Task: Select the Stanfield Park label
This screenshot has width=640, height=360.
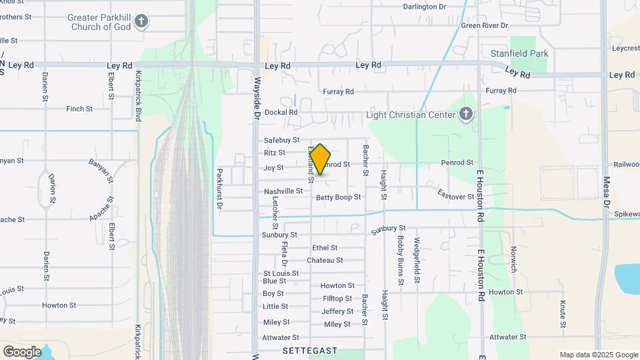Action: click(x=519, y=52)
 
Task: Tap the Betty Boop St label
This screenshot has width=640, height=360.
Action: click(x=338, y=197)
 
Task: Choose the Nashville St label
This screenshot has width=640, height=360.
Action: click(x=283, y=191)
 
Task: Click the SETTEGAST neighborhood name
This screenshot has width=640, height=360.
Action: click(x=310, y=350)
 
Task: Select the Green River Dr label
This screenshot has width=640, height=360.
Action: click(x=485, y=25)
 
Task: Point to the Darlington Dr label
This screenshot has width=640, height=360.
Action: click(x=425, y=7)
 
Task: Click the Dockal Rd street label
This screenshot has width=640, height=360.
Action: click(x=281, y=112)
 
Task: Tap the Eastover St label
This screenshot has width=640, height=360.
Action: click(x=455, y=194)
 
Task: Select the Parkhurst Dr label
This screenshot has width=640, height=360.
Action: click(x=219, y=188)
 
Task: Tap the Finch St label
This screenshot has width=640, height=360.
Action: click(x=79, y=109)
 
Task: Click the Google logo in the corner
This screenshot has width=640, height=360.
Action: click(x=22, y=351)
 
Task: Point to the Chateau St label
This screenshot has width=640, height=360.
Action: click(x=325, y=260)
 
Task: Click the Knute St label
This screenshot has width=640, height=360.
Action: click(x=563, y=315)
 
